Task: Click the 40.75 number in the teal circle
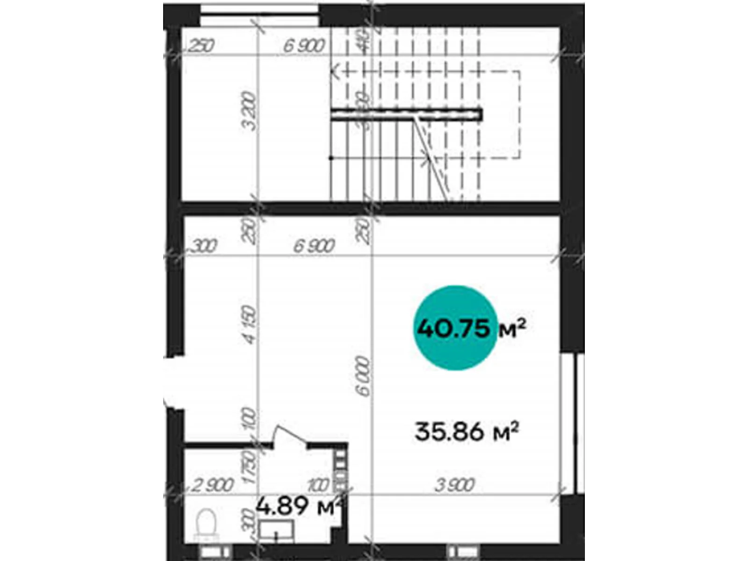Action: pos(453,328)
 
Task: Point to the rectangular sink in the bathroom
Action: pos(276,531)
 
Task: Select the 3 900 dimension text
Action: pos(454,485)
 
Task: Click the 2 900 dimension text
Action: pos(213,485)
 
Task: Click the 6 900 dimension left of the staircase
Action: pos(304,46)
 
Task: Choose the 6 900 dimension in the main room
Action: pos(314,245)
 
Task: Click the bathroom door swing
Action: pos(290,437)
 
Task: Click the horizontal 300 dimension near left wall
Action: pos(204,245)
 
